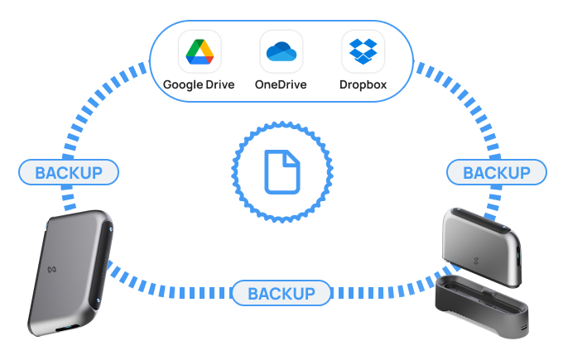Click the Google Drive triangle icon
click(x=199, y=52)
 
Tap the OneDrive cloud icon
click(x=281, y=52)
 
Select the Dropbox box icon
click(x=363, y=52)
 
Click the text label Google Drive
click(x=199, y=84)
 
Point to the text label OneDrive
click(x=281, y=84)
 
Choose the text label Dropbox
click(x=363, y=84)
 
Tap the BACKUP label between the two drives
click(x=281, y=293)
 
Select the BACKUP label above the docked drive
click(x=496, y=172)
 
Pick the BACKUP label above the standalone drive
click(x=69, y=172)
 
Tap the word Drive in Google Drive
click(x=218, y=84)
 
